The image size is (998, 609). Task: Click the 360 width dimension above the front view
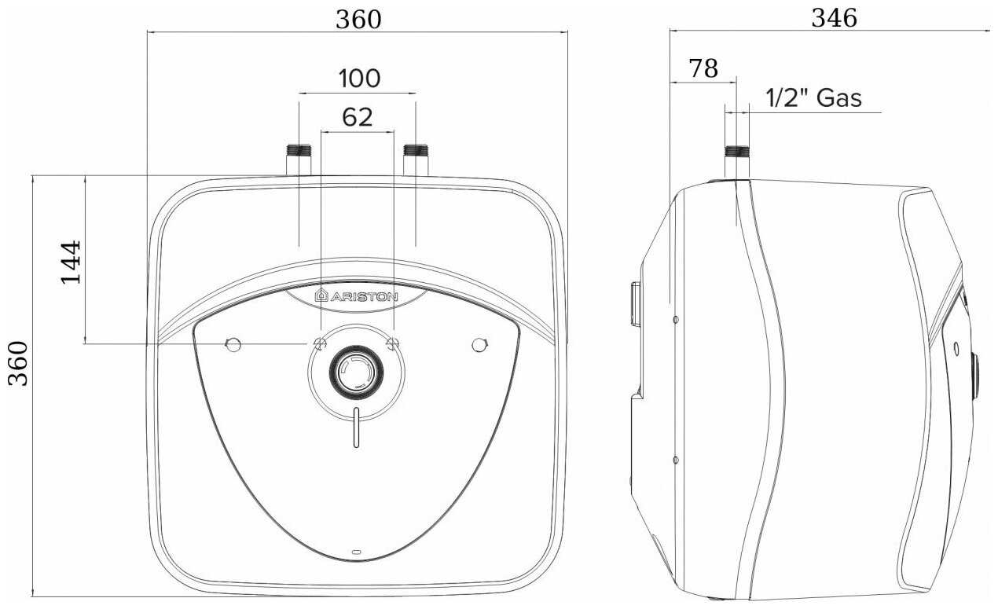click(358, 20)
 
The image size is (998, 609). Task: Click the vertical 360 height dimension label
click(19, 364)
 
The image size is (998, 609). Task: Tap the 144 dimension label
click(72, 262)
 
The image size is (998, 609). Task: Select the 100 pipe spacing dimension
click(360, 79)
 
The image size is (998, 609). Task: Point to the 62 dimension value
click(358, 118)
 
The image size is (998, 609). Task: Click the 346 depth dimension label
click(834, 18)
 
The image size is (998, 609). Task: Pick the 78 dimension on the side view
click(703, 68)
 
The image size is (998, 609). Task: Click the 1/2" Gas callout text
click(813, 98)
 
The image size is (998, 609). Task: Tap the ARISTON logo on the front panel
click(357, 296)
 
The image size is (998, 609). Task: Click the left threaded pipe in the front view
click(299, 160)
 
